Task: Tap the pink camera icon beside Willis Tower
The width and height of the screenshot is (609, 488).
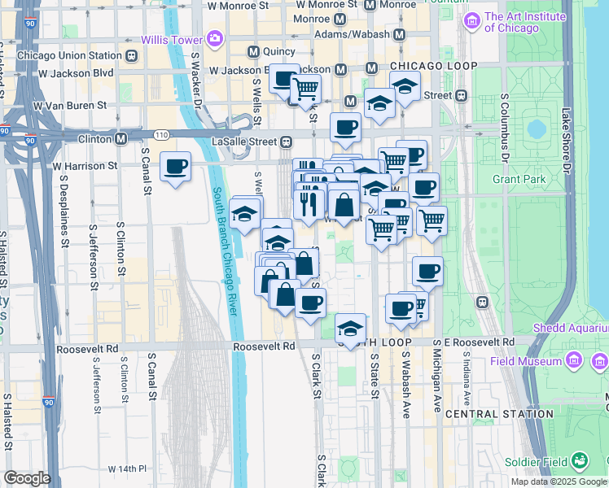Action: click(214, 37)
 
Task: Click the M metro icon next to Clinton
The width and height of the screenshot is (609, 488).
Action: click(120, 139)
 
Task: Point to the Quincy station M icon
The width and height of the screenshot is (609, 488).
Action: click(253, 51)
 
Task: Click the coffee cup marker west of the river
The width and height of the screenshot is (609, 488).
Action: click(176, 168)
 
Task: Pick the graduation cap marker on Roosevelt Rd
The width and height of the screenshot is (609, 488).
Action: click(350, 329)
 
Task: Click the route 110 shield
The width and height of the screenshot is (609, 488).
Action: click(160, 134)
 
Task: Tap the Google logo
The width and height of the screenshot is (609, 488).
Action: click(27, 478)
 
